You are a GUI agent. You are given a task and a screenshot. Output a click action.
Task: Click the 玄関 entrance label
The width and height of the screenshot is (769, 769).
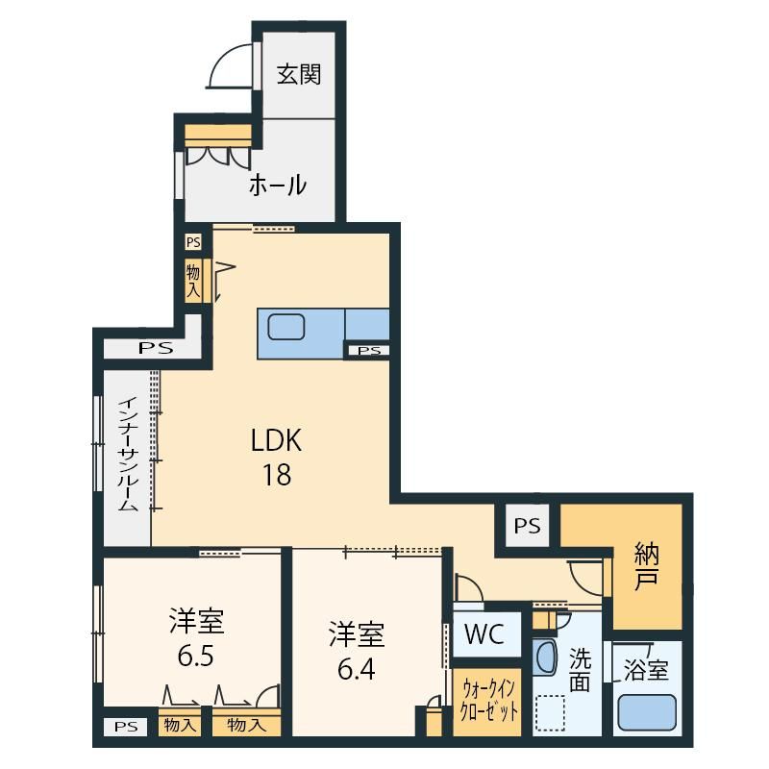(x=299, y=75)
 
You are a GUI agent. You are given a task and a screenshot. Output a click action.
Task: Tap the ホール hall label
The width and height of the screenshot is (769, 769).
(x=278, y=186)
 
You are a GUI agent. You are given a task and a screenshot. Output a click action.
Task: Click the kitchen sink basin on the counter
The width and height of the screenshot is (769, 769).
(x=286, y=327)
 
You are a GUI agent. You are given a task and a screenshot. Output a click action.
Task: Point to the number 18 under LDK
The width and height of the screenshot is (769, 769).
(x=277, y=475)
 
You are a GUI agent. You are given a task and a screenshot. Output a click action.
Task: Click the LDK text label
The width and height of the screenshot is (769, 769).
(x=276, y=440)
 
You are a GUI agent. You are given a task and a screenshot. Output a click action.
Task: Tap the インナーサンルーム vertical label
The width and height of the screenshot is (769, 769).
(x=128, y=455)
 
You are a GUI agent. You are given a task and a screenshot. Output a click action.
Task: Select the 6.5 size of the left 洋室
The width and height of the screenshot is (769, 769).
(x=196, y=656)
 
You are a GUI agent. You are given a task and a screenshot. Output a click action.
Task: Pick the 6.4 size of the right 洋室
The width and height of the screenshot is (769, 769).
(x=357, y=668)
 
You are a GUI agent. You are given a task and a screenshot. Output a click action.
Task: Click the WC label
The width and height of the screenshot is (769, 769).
(x=484, y=634)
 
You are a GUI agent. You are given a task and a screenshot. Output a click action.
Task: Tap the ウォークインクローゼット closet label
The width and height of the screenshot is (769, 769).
(x=488, y=701)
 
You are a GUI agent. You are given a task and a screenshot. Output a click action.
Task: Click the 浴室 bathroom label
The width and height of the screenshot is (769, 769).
(x=645, y=670)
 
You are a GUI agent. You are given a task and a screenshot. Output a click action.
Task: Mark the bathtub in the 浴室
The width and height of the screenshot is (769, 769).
(x=646, y=713)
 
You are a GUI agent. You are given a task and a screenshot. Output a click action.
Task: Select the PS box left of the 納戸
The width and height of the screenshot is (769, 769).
(x=527, y=526)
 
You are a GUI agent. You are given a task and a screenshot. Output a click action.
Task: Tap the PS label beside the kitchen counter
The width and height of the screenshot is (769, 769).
(x=369, y=351)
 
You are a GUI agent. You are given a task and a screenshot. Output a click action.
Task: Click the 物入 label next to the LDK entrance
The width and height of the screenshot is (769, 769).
(x=193, y=281)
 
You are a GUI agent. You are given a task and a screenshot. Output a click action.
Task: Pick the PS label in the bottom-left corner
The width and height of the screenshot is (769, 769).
(x=126, y=727)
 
